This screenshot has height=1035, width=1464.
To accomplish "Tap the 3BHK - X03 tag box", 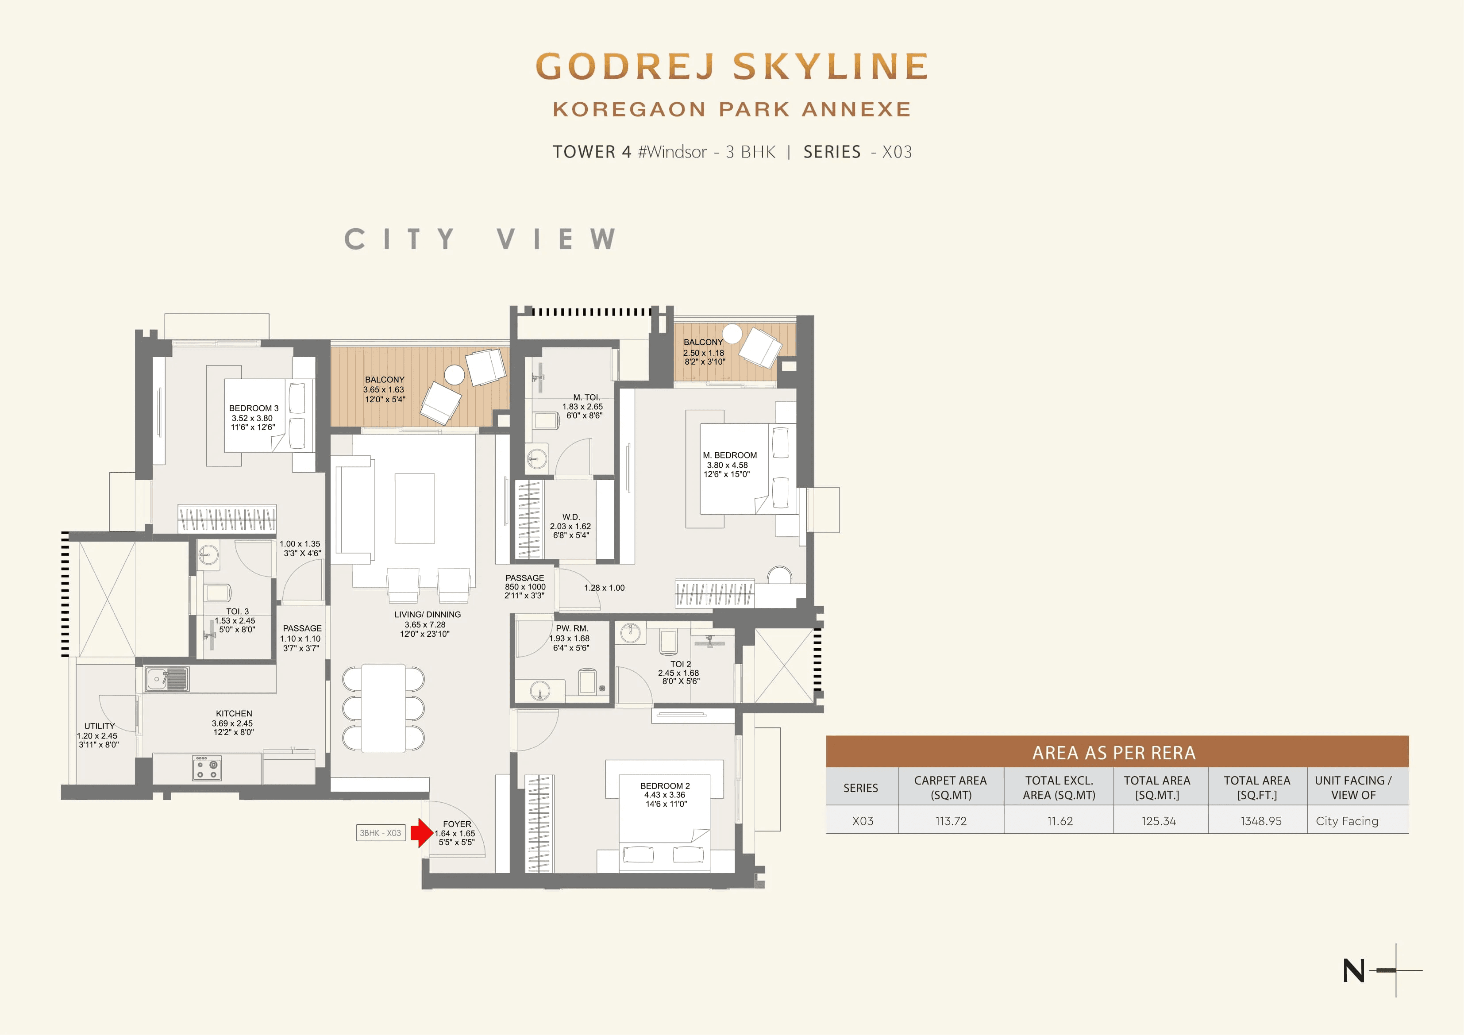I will coord(381,833).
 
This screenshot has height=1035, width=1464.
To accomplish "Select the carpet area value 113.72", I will coord(951,821).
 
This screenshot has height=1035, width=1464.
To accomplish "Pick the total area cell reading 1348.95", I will coord(1260,821).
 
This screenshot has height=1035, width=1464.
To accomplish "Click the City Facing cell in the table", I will coord(1347,821).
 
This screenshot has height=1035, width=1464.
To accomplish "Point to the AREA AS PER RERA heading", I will coord(1113,753).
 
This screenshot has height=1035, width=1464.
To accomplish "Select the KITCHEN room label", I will coord(234,714).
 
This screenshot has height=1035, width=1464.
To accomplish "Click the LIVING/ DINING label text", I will coord(427,615).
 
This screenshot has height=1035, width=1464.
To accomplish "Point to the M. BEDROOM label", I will coord(729,455).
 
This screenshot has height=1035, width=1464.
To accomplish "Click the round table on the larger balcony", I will coord(455,375).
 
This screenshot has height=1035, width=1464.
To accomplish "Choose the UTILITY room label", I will coord(100,726).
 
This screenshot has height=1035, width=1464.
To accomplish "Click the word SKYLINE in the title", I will coord(831,66).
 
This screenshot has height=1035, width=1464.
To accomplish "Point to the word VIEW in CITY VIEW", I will coord(556,239).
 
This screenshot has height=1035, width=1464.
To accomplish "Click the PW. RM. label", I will coord(572,629).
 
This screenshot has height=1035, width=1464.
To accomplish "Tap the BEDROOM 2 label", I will coord(665,786).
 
